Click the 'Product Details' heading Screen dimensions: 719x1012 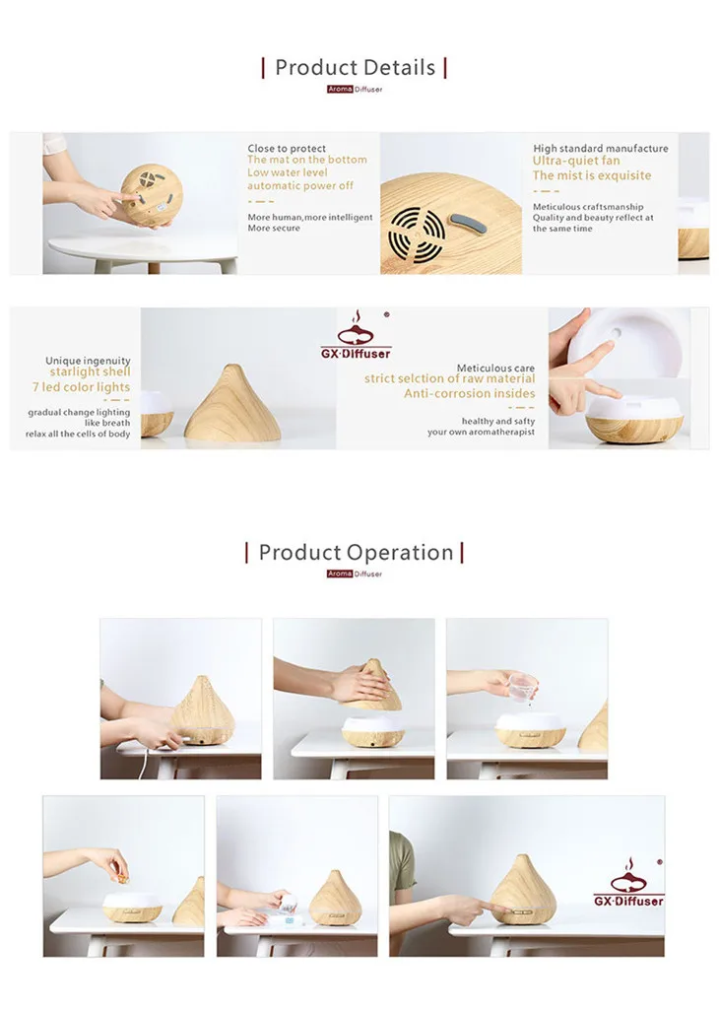(355, 67)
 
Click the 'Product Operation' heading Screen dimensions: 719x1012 (356, 553)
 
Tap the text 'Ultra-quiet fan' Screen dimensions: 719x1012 (576, 161)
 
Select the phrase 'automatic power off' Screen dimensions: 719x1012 (300, 186)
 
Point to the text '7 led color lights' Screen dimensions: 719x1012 (81, 387)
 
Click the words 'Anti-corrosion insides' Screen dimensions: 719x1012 (470, 393)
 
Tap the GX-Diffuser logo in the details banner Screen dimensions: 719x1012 (356, 334)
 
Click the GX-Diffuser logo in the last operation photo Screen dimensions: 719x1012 (628, 882)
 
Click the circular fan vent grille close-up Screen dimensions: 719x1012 (417, 234)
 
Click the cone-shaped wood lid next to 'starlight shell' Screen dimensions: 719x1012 (232, 403)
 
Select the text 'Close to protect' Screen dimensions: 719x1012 (287, 149)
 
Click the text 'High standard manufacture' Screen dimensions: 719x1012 (601, 149)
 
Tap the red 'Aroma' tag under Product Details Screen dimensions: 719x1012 (340, 89)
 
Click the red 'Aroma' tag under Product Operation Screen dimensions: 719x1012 (339, 573)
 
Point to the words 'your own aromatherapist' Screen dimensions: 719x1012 (481, 432)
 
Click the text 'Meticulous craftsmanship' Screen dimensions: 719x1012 (588, 207)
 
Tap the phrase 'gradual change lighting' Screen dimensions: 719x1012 (79, 413)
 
